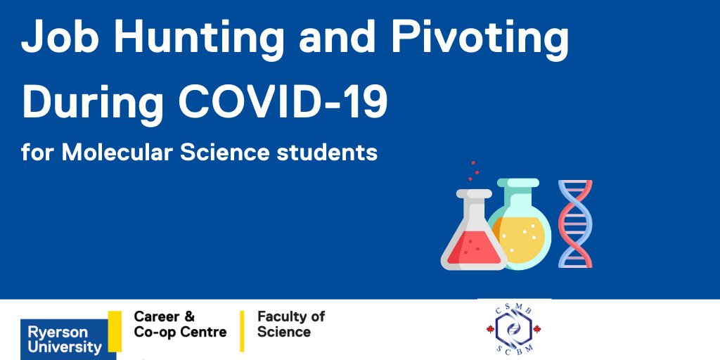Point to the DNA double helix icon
575,224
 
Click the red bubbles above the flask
475,169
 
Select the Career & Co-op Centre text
180,324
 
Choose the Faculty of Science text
291,324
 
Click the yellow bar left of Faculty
243,330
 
